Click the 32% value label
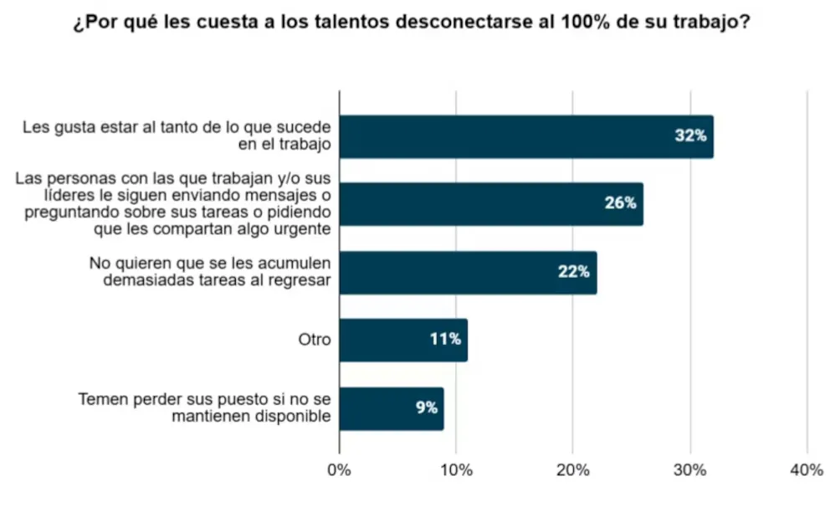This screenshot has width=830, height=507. [691, 136]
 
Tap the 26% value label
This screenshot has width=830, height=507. [621, 203]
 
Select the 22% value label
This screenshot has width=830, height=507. [574, 271]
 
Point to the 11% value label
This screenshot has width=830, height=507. [445, 339]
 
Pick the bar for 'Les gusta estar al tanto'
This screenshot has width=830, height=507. [502, 136]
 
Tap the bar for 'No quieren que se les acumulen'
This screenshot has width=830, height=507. [452, 271]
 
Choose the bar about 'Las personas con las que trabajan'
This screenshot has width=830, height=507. [469, 203]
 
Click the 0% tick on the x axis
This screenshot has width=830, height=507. [339, 471]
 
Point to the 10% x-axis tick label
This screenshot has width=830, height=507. [456, 471]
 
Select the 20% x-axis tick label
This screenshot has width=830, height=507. [573, 471]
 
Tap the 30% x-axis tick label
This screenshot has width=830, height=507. [690, 471]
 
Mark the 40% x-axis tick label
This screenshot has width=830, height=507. [807, 471]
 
